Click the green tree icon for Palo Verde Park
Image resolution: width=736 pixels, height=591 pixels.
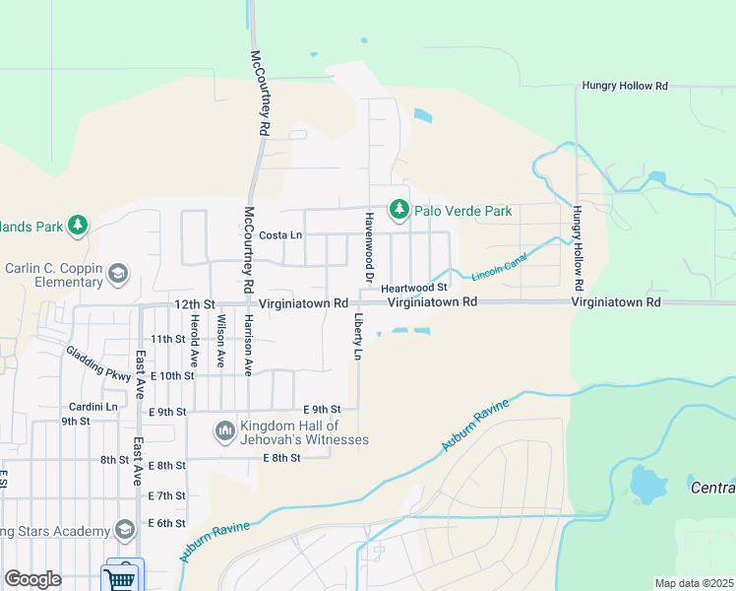(399, 210)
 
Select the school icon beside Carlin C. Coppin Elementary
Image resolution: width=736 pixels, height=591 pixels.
(118, 273)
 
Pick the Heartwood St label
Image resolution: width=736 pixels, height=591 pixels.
(414, 287)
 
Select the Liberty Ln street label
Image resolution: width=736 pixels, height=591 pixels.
(358, 338)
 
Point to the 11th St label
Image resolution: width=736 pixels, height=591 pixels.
(167, 339)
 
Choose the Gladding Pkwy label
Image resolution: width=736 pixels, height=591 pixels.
(98, 362)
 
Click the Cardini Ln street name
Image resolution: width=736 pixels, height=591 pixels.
(92, 406)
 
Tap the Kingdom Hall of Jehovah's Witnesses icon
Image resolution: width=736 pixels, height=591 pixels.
(224, 430)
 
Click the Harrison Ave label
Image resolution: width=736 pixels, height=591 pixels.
(249, 345)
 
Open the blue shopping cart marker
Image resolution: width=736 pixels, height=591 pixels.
(122, 576)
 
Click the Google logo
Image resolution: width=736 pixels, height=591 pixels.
(32, 579)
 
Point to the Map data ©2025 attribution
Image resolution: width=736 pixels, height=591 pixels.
(694, 583)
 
